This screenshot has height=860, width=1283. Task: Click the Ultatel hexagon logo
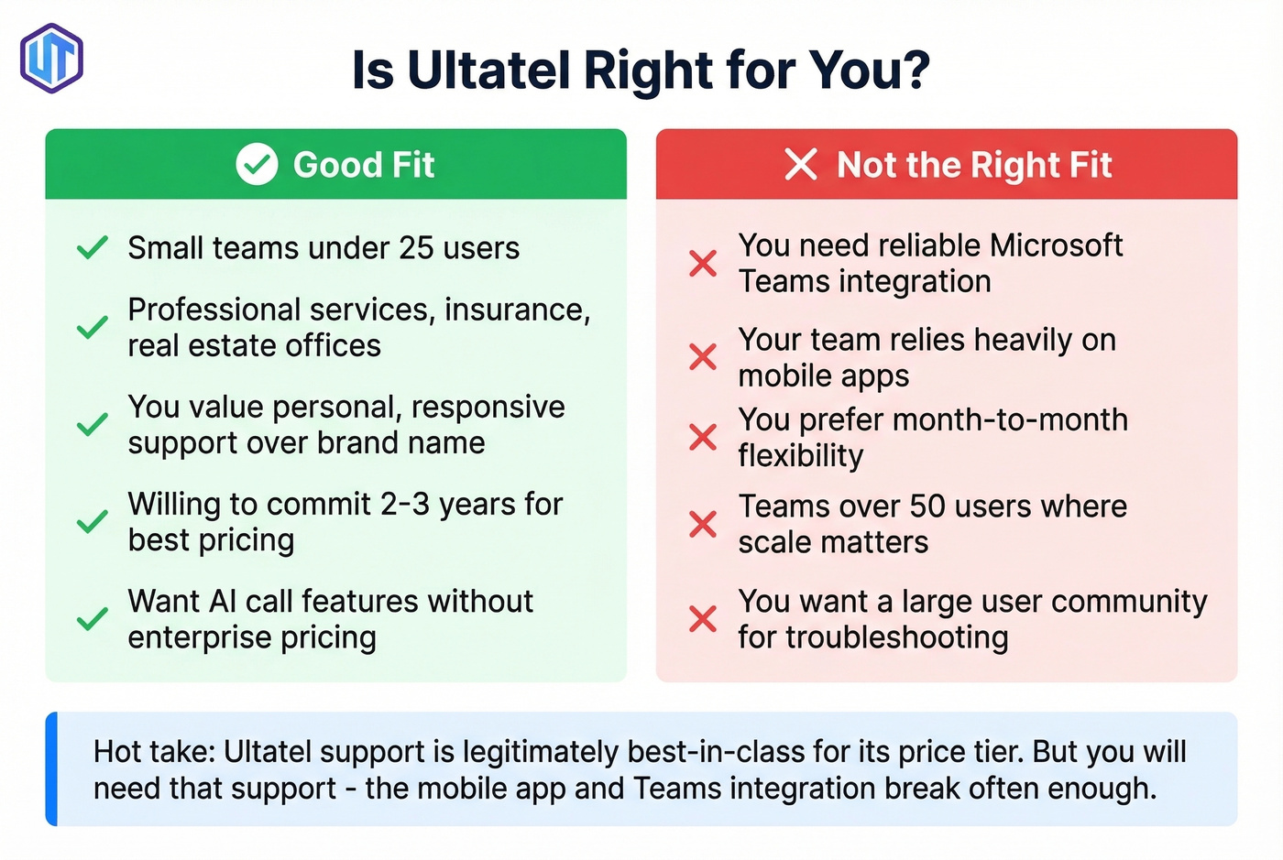[x=52, y=59]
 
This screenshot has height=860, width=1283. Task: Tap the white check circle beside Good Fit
[x=257, y=165]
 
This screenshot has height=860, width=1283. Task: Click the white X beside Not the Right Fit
[x=800, y=165]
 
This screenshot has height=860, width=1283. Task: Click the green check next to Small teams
[x=92, y=248]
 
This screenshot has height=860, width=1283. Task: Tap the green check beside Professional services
[x=92, y=328]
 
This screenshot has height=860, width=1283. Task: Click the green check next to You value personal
[x=92, y=425]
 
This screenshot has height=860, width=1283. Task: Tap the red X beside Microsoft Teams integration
[x=703, y=264]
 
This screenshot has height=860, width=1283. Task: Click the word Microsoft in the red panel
[x=1056, y=245]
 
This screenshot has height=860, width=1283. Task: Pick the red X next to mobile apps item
[x=703, y=357]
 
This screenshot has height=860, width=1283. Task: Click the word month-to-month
[x=1009, y=419]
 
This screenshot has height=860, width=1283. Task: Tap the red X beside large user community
[x=703, y=619]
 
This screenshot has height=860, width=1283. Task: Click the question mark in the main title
[x=914, y=71]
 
